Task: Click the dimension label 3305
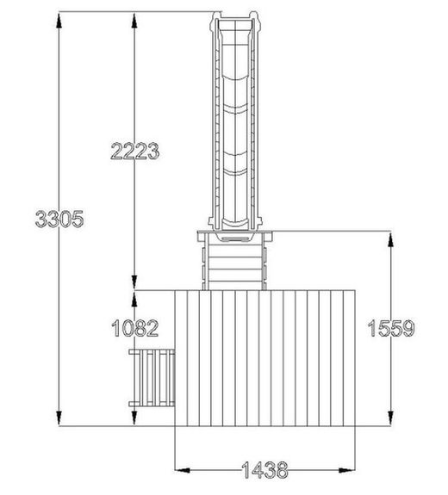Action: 59,219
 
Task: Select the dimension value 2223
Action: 135,151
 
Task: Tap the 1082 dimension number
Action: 135,328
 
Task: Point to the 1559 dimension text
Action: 391,328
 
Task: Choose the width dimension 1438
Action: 265,470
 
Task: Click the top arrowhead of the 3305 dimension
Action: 59,22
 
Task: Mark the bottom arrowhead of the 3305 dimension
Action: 59,417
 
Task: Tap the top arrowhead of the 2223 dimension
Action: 134,22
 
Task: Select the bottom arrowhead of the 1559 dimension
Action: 391,417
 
